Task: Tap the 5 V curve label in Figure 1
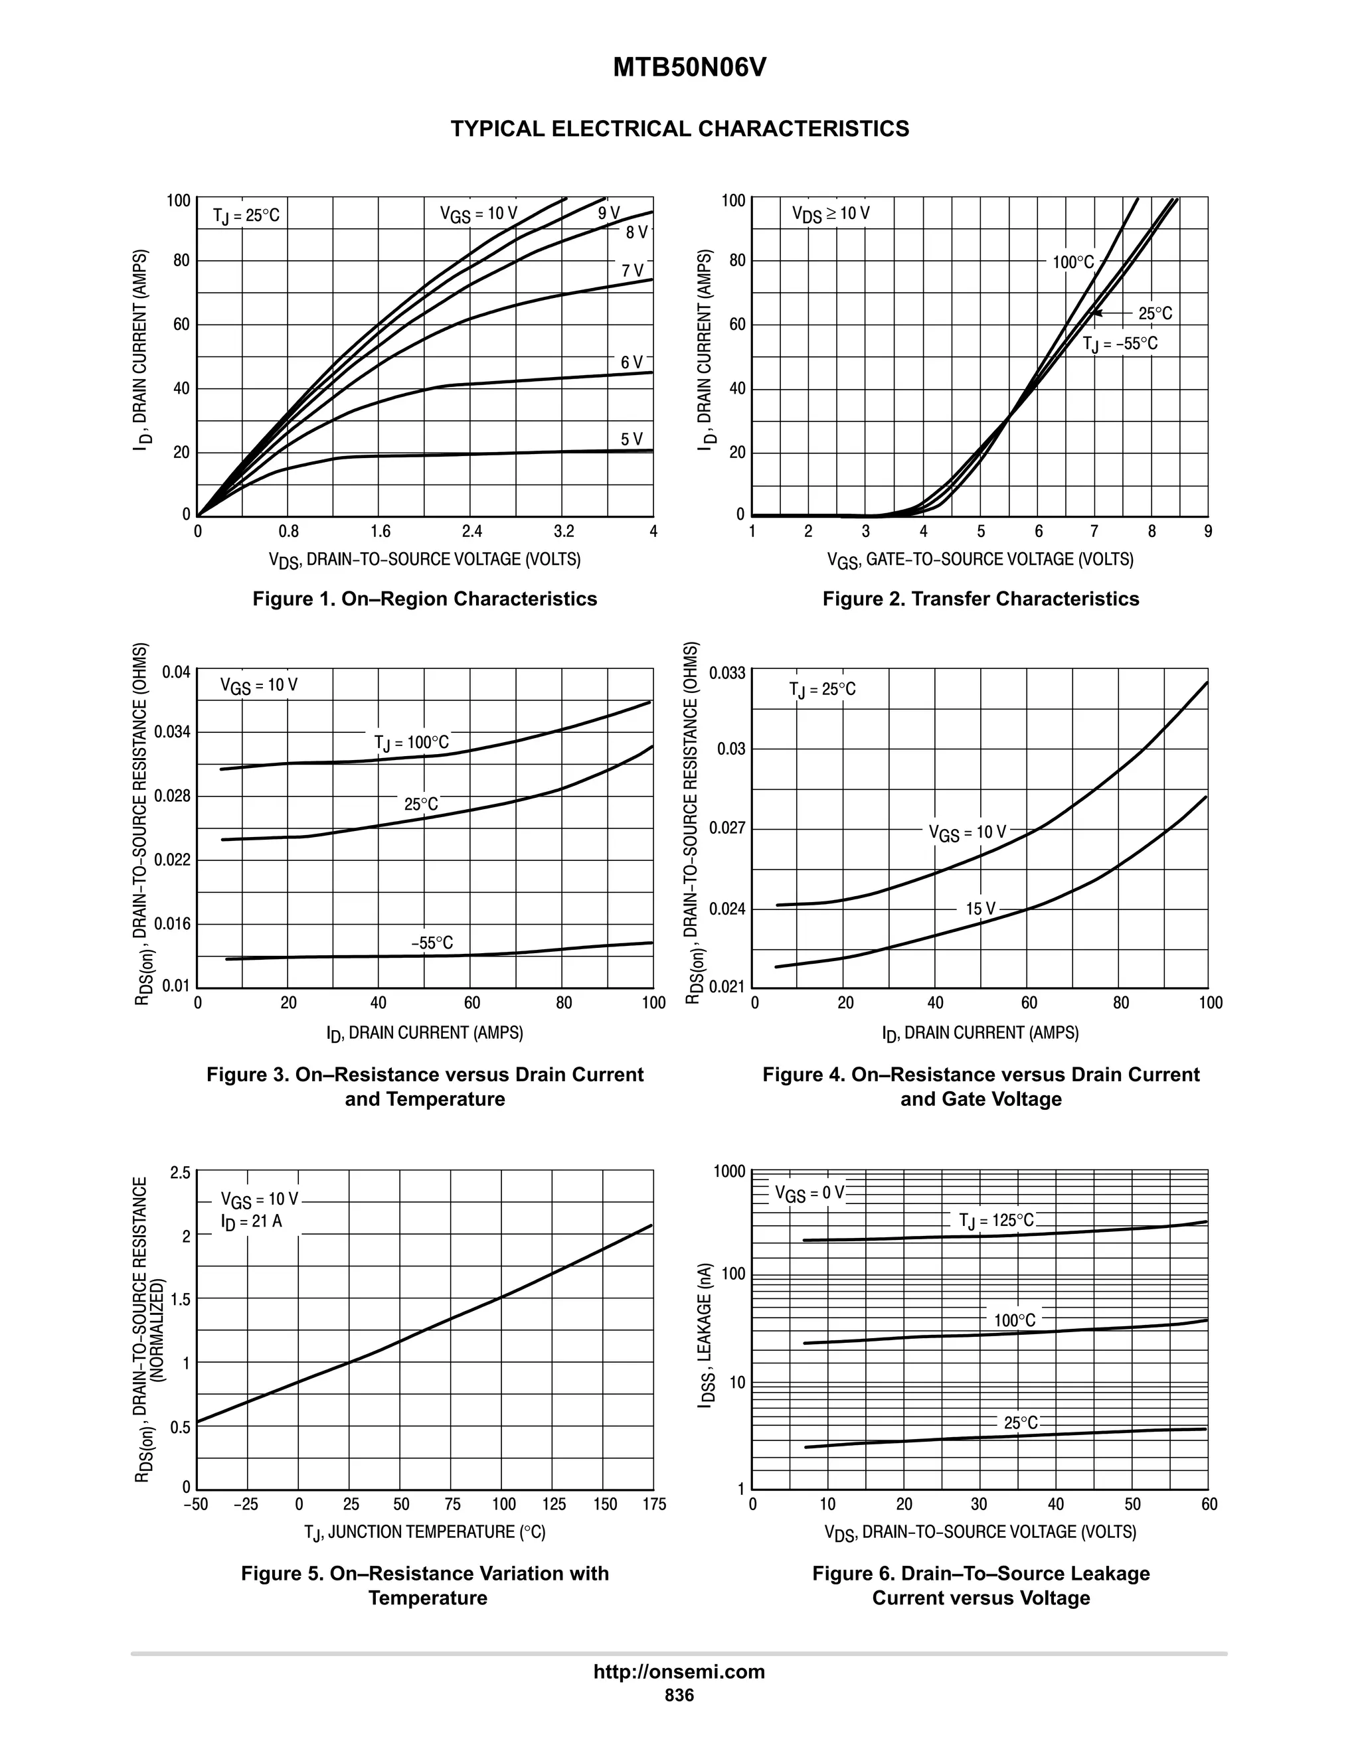coord(632,439)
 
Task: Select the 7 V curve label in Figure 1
coord(632,271)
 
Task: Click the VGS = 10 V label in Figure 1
coord(477,214)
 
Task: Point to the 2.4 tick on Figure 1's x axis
coord(472,532)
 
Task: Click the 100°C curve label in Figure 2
coord(1073,263)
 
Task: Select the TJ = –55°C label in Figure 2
coord(1120,344)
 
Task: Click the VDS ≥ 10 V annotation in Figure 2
coord(831,214)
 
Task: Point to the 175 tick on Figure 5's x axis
coord(654,1505)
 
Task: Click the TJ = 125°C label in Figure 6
coord(996,1220)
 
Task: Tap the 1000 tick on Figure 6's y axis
coord(729,1171)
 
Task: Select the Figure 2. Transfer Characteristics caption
coord(981,599)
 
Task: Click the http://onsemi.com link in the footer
coord(679,1671)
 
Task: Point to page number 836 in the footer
coord(679,1695)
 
